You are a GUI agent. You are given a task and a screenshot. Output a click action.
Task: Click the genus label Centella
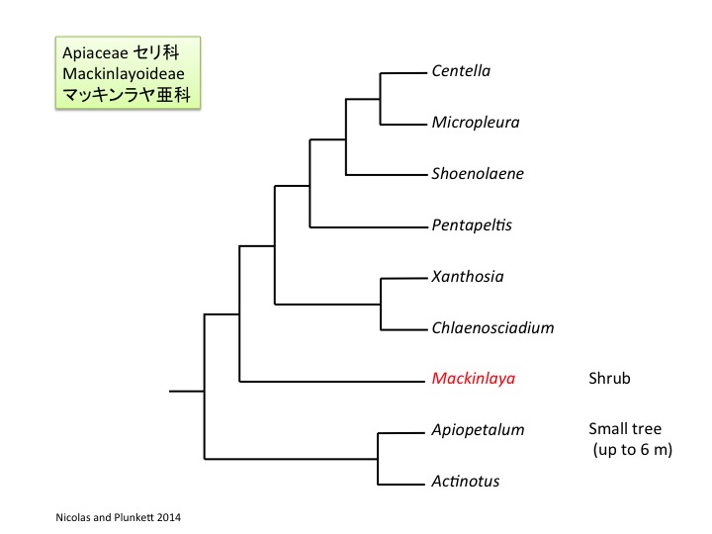pos(461,71)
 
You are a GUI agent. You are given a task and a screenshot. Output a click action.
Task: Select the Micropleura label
pos(476,123)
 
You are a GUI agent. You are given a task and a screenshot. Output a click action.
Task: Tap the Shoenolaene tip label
pos(478,173)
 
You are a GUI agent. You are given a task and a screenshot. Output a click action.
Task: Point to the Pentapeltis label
pos(472,224)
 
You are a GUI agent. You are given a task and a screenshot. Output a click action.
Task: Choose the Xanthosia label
pos(468,276)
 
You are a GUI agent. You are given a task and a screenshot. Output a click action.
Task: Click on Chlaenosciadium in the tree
pos(492,327)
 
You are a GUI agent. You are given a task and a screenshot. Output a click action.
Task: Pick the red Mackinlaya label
pos(474,379)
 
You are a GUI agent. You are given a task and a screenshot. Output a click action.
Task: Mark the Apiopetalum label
pos(479,430)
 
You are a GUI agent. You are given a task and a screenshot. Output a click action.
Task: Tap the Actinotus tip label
pos(466,481)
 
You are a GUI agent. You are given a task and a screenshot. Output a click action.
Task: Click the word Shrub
pos(609,378)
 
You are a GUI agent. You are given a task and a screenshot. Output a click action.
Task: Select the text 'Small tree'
pos(625,428)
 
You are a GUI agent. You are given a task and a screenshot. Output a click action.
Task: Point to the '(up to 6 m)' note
pos(633,450)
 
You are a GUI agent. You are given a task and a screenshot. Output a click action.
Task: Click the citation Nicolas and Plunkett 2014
pos(118,517)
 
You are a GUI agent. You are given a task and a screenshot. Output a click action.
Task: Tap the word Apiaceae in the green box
pos(95,53)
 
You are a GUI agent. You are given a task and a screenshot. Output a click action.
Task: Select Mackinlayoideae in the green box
pos(124,73)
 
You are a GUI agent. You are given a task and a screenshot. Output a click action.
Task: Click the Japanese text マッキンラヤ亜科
pos(127,95)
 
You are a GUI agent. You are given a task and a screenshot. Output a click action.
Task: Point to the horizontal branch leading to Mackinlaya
pos(332,382)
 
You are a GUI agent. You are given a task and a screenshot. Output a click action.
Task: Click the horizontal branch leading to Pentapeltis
pos(369,226)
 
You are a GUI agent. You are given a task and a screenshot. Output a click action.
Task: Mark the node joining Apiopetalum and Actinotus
pos(378,459)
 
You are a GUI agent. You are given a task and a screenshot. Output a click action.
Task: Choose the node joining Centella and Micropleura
pos(380,99)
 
